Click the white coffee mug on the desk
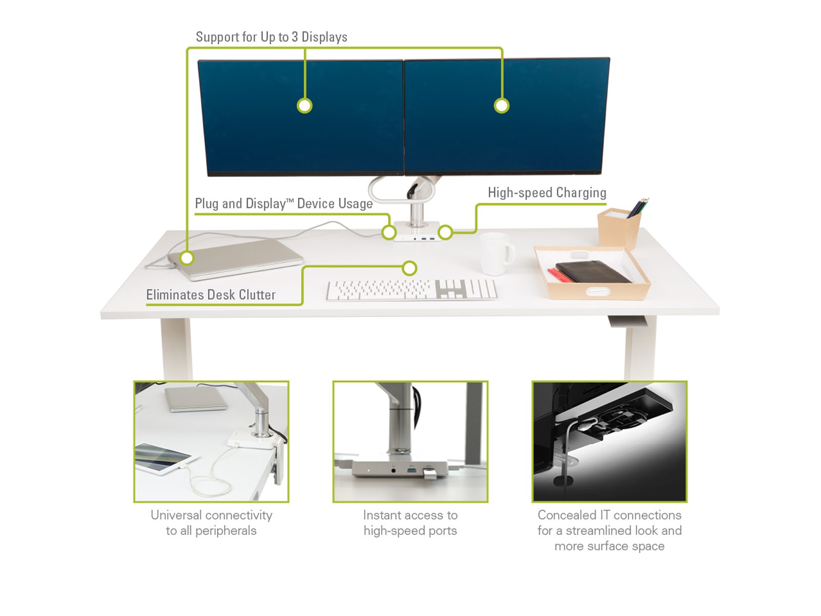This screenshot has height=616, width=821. tap(496, 253)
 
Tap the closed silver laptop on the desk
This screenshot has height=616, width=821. tap(235, 259)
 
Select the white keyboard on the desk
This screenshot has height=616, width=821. tap(412, 290)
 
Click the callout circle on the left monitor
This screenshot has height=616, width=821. tap(304, 105)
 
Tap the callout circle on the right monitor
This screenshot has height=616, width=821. tap(501, 105)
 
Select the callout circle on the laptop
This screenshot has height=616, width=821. tap(187, 258)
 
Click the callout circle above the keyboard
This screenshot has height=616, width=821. tap(409, 268)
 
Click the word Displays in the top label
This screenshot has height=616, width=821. tap(324, 37)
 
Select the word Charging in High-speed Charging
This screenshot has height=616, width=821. tap(581, 193)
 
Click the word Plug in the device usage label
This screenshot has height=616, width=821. tap(207, 204)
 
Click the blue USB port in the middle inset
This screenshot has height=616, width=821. tap(413, 468)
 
